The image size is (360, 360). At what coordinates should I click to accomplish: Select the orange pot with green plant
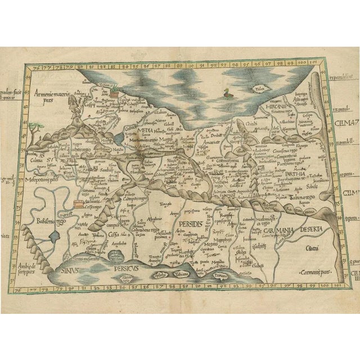pyautogui.click(x=116, y=91)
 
